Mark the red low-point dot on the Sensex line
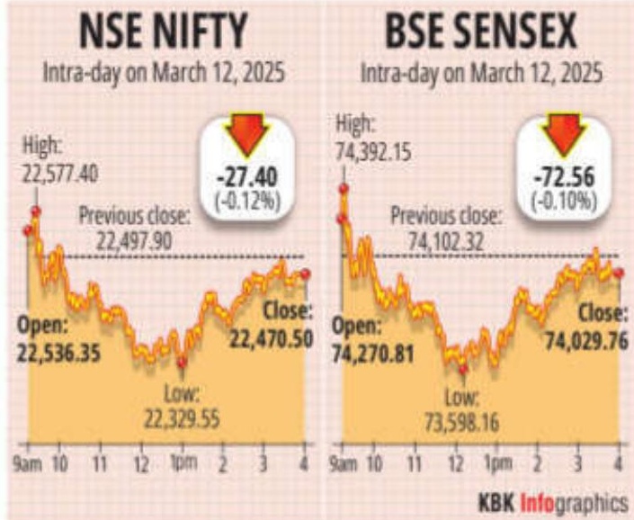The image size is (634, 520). (x=463, y=368)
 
